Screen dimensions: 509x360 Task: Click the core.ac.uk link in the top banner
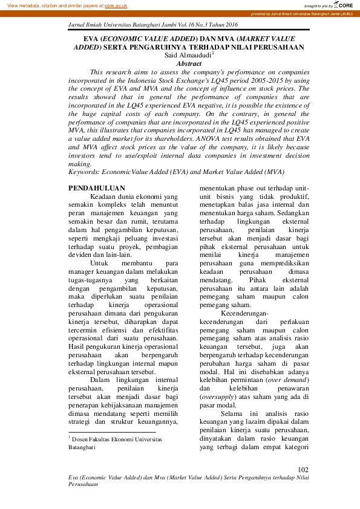coord(117,5)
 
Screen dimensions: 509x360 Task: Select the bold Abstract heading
coord(188,63)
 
